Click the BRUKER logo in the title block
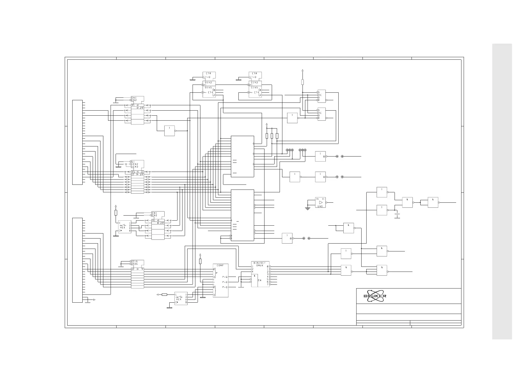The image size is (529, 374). pyautogui.click(x=375, y=296)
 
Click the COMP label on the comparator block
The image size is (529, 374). pyautogui.click(x=220, y=266)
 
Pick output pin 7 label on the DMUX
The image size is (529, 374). pyautogui.click(x=268, y=284)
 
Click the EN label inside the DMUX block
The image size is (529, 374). pyautogui.click(x=260, y=280)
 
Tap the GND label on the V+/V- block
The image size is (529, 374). pyautogui.click(x=320, y=206)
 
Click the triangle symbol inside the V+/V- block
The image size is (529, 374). pyautogui.click(x=321, y=202)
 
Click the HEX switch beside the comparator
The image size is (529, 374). pyautogui.click(x=181, y=299)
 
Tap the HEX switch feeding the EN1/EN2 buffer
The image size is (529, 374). pyautogui.click(x=124, y=227)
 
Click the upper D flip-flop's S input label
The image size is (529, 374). pyautogui.click(x=319, y=92)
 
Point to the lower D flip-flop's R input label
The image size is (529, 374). pyautogui.click(x=319, y=118)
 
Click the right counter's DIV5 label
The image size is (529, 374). pyautogui.click(x=254, y=88)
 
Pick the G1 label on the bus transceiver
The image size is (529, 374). pyautogui.click(x=133, y=162)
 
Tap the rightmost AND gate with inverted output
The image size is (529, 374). pyautogui.click(x=433, y=202)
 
